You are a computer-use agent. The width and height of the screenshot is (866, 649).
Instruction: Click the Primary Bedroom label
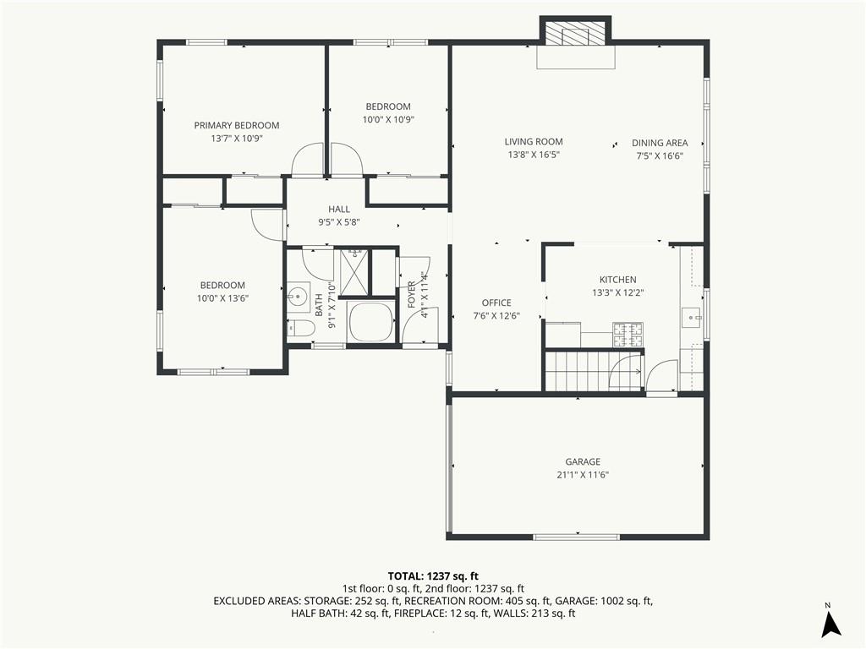[237, 125]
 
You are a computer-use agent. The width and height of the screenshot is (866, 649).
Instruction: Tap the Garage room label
[583, 462]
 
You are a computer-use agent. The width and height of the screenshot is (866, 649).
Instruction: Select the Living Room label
[534, 142]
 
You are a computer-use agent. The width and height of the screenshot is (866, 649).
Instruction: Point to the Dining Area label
[660, 143]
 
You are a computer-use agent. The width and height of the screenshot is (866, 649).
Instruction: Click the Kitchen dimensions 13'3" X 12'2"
[618, 293]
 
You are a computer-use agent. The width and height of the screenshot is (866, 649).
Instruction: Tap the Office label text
[496, 303]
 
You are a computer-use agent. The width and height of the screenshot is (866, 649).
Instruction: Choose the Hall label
[339, 210]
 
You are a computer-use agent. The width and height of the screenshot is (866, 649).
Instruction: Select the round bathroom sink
[298, 297]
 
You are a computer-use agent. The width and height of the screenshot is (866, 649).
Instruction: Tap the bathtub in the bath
[370, 322]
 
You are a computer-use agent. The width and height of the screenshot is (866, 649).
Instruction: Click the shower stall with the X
[354, 272]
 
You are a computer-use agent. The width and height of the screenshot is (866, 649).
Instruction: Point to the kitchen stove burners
[628, 335]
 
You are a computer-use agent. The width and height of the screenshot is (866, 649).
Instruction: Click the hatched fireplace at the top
[575, 33]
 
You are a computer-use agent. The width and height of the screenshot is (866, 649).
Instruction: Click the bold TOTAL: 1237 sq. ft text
[433, 576]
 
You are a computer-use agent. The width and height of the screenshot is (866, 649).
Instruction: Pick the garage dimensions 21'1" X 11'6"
[583, 475]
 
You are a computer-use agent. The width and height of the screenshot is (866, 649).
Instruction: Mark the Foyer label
[412, 295]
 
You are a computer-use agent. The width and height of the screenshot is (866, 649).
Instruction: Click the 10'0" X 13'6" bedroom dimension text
[222, 298]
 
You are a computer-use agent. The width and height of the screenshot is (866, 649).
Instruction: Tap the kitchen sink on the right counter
[692, 318]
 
